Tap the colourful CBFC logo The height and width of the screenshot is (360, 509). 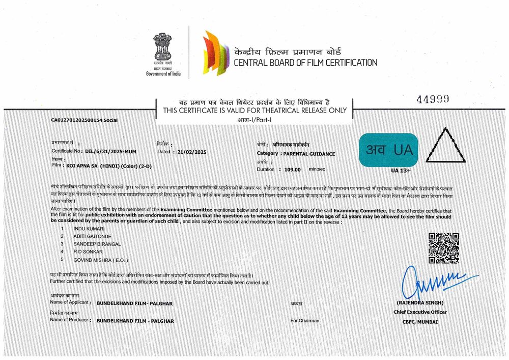(214, 53)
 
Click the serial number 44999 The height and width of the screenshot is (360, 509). (433, 100)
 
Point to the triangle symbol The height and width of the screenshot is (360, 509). (445, 147)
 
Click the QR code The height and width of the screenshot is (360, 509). (443, 248)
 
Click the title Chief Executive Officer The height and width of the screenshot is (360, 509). (420, 312)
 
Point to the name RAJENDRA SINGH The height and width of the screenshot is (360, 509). (420, 303)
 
